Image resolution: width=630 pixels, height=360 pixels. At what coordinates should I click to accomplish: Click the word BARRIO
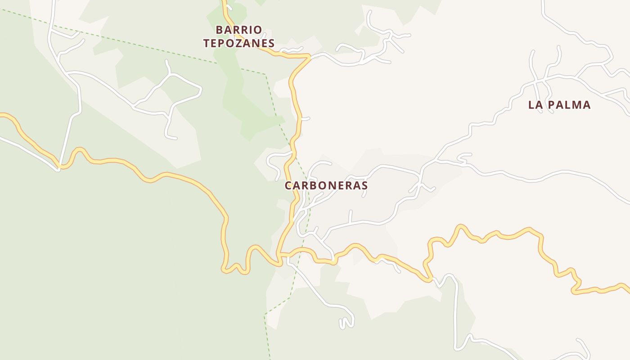[238, 30]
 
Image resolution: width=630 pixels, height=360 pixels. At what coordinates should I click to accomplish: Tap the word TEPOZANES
[238, 43]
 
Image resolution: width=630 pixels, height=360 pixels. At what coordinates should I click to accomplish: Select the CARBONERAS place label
[326, 185]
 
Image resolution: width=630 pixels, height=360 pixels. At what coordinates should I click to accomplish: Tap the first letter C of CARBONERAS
[288, 185]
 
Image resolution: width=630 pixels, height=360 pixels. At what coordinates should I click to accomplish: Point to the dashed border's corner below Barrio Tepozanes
[265, 75]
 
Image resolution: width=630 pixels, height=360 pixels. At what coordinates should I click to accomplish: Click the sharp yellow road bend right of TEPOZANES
[310, 57]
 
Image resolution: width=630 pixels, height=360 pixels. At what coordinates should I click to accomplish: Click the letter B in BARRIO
[220, 30]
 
